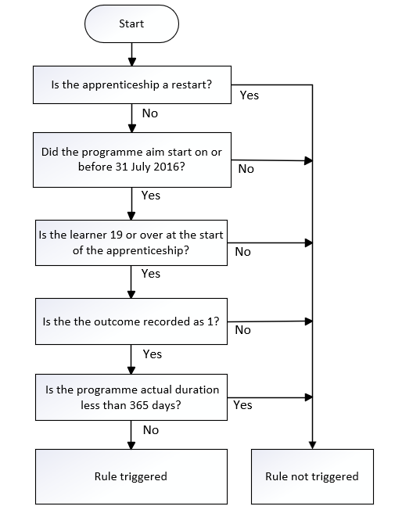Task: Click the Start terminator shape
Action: click(x=131, y=23)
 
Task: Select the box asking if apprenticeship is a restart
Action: click(x=132, y=84)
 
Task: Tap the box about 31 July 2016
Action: click(x=132, y=160)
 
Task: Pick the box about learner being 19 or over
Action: click(x=131, y=242)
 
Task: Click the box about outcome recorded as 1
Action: click(x=131, y=321)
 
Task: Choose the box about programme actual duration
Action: click(x=131, y=397)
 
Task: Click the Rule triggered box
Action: click(x=131, y=476)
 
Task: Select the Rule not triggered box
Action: click(x=312, y=476)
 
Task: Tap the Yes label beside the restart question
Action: click(x=250, y=95)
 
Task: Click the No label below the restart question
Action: click(x=150, y=113)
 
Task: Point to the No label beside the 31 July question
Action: click(x=246, y=169)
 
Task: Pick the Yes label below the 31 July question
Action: click(x=151, y=196)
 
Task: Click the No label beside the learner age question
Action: click(x=242, y=252)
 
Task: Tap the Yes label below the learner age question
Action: click(x=151, y=273)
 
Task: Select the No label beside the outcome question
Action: click(x=242, y=330)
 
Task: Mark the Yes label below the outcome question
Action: click(x=153, y=354)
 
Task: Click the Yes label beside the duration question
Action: click(x=242, y=405)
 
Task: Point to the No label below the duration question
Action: click(x=151, y=430)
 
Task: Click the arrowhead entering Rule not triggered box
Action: click(x=312, y=445)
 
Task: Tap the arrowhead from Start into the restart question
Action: click(x=132, y=62)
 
